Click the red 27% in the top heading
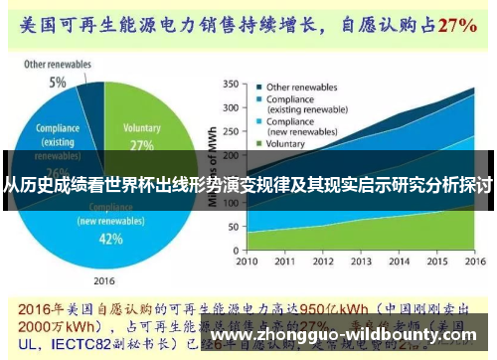pos(457,23)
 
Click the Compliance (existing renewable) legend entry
pos(302,104)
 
